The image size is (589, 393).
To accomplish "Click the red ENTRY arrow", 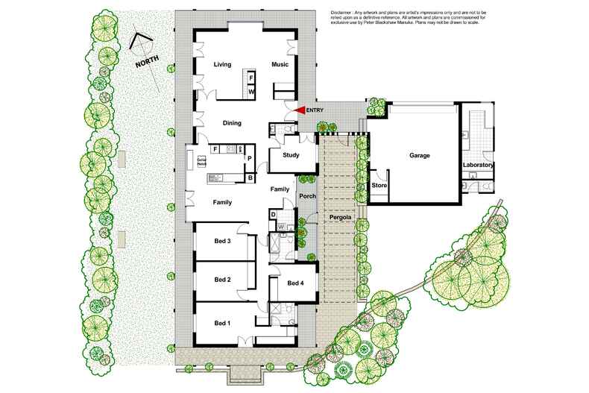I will pyautogui.click(x=300, y=110).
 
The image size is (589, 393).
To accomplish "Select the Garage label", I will pyautogui.click(x=421, y=156).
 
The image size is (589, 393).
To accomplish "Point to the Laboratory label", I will pyautogui.click(x=479, y=165).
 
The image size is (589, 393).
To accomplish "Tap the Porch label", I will pyautogui.click(x=307, y=196).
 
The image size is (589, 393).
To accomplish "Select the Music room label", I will pyautogui.click(x=280, y=65).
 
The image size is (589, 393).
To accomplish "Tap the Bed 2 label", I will pyautogui.click(x=223, y=280).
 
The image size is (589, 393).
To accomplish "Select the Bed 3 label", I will pyautogui.click(x=223, y=240).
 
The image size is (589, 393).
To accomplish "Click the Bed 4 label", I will pyautogui.click(x=295, y=283).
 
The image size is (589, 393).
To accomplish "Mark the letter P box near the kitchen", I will pyautogui.click(x=249, y=159).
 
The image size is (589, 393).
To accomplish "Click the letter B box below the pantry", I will pyautogui.click(x=250, y=177).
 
